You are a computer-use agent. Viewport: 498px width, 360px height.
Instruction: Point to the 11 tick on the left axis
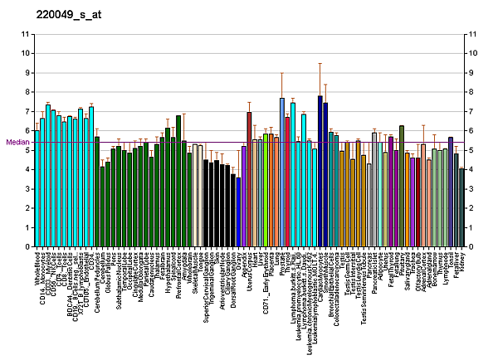click(26, 34)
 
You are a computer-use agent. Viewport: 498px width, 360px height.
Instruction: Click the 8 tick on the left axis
click(26, 92)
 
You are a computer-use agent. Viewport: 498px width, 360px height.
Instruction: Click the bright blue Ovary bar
click(238, 200)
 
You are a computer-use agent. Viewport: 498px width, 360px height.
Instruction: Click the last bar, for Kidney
click(461, 207)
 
